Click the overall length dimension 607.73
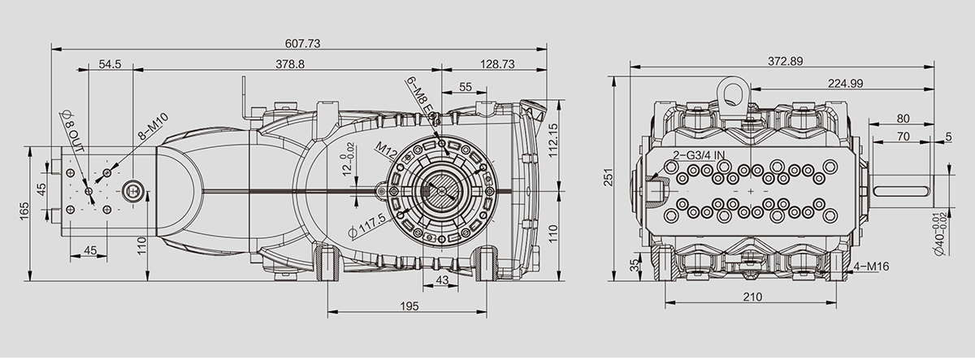(x=302, y=44)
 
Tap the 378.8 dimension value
(x=290, y=64)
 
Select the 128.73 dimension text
(x=497, y=64)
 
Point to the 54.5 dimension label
(x=110, y=64)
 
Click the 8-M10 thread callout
(x=154, y=126)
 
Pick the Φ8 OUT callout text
(x=72, y=131)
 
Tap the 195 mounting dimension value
(x=409, y=306)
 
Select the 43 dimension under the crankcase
(x=442, y=280)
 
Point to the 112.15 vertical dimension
(x=552, y=140)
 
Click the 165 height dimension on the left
(x=24, y=211)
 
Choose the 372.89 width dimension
(x=785, y=62)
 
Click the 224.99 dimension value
(x=845, y=83)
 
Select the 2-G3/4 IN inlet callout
(x=699, y=155)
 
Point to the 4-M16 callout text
(x=871, y=266)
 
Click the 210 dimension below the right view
(x=752, y=297)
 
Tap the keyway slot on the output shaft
(x=902, y=192)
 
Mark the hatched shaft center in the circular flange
(x=442, y=190)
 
